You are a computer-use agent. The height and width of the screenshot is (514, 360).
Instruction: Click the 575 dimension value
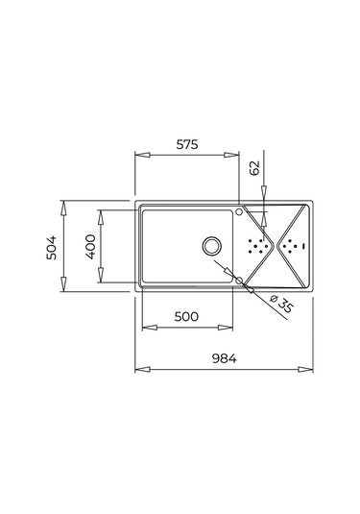pyautogui.click(x=186, y=146)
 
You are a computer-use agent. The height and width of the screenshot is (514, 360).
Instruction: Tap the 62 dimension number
pyautogui.click(x=254, y=166)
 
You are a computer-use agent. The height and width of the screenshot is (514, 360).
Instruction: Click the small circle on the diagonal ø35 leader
pyautogui.click(x=228, y=272)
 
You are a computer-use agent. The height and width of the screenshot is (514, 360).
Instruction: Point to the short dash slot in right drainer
pyautogui.click(x=302, y=246)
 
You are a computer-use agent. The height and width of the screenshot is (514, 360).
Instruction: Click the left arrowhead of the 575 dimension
pyautogui.click(x=137, y=154)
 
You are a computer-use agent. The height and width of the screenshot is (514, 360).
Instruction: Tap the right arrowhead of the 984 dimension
pyautogui.click(x=311, y=368)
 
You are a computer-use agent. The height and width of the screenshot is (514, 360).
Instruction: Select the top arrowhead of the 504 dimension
pyautogui.click(x=62, y=205)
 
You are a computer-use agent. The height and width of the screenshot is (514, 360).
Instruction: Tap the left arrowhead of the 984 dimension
pyautogui.click(x=137, y=368)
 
